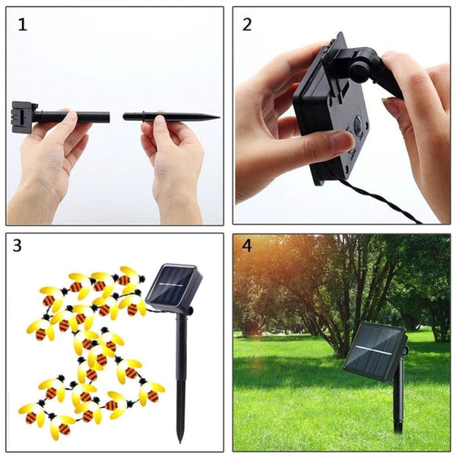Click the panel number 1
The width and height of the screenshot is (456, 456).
coord(22,24)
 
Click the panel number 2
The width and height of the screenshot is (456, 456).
coord(247,24)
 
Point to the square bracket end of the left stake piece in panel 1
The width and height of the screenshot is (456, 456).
coord(21,116)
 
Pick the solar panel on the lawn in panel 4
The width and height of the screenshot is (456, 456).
coord(375,350)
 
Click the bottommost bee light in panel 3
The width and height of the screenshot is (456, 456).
coord(59,427)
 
